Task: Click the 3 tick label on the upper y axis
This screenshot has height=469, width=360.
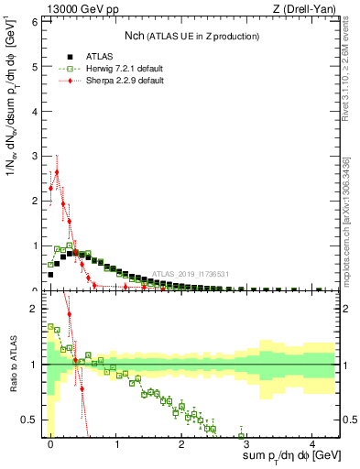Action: click(34, 156)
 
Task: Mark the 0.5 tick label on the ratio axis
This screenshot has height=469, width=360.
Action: click(30, 420)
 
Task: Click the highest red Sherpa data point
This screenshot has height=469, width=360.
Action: click(57, 171)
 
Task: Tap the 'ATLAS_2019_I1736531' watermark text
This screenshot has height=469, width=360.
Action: click(190, 273)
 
